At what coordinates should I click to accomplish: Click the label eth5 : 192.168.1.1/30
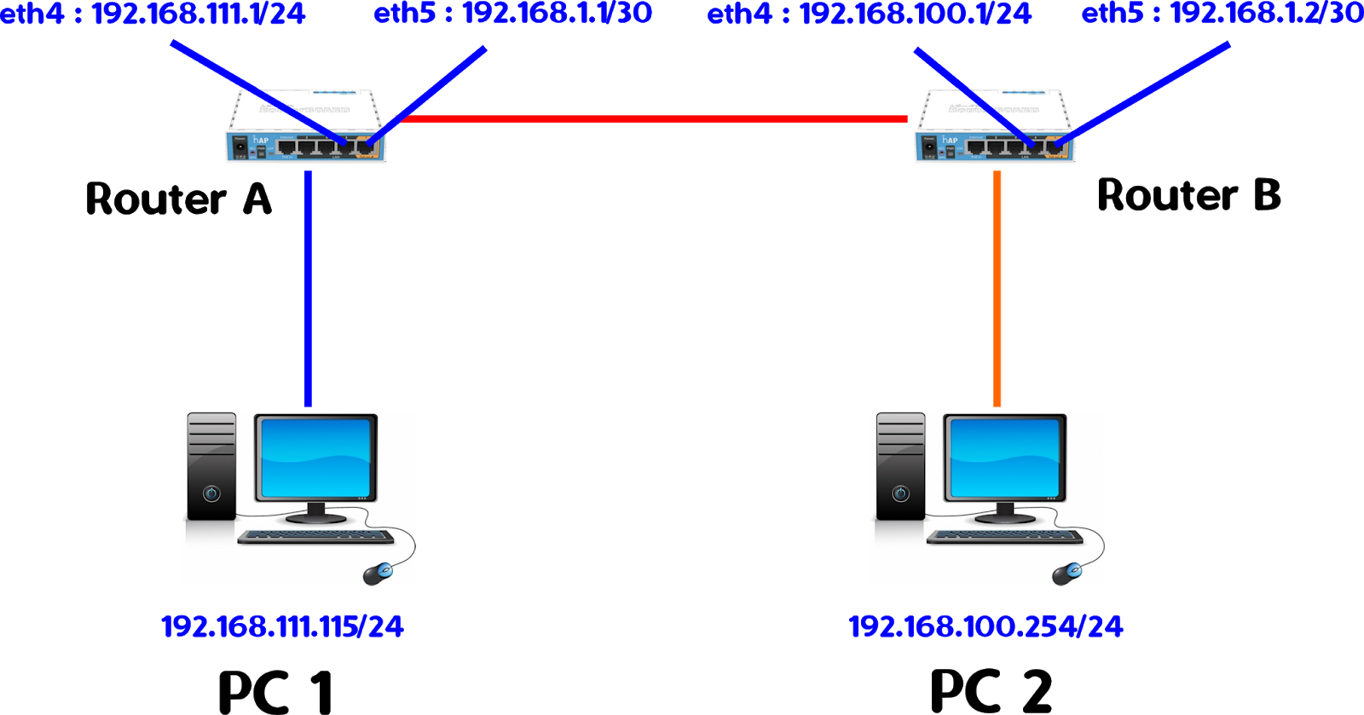tap(513, 14)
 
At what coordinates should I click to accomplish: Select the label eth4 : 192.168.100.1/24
tap(870, 14)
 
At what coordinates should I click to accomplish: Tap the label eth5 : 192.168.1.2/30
tap(1222, 14)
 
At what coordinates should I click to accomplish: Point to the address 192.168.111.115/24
tap(282, 627)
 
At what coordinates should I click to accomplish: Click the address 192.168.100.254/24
tap(985, 627)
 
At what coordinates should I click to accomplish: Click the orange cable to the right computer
tap(997, 290)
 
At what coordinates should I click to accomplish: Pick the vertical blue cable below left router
tap(308, 290)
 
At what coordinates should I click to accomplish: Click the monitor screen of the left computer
tap(316, 458)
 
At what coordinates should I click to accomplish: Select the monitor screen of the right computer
tap(1005, 458)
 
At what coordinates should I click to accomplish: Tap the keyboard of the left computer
tap(316, 537)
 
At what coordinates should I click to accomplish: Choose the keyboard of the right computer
tap(1005, 537)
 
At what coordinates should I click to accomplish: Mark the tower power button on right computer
tap(900, 493)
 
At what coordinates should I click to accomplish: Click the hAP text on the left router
tap(261, 141)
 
